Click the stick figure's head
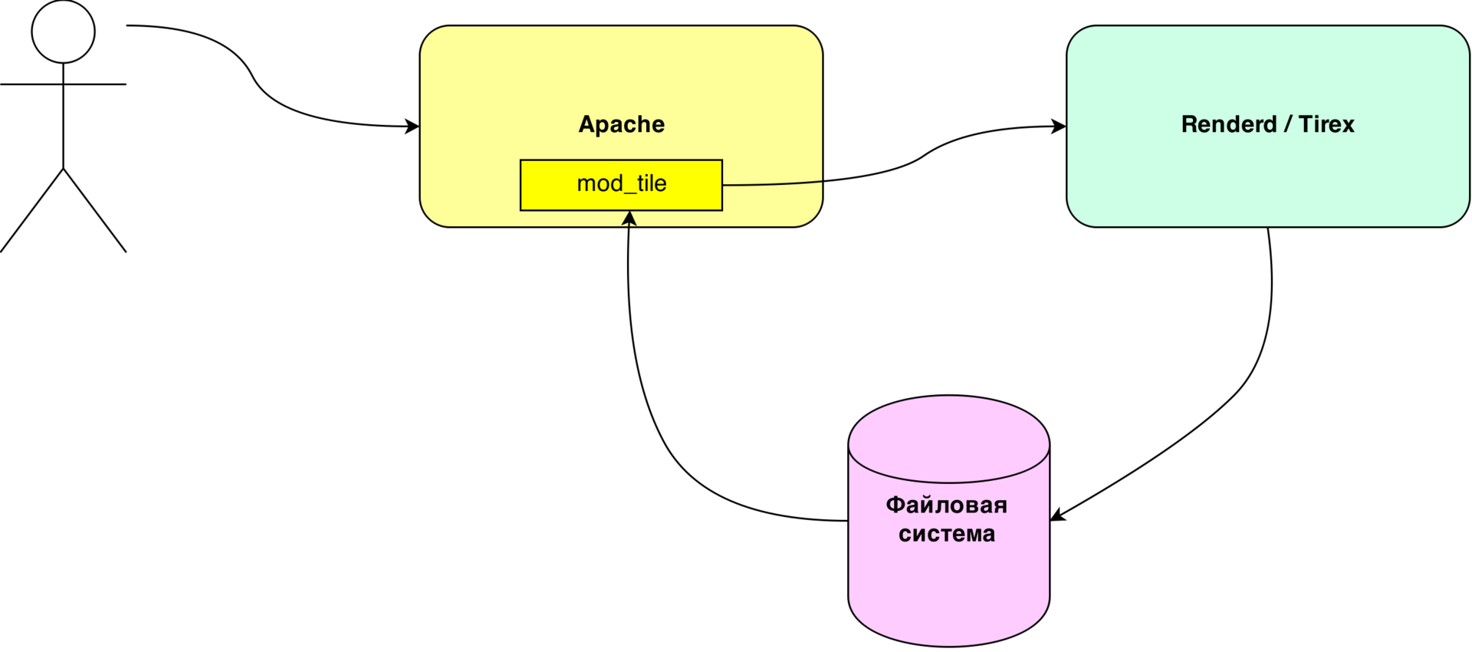click(x=63, y=31)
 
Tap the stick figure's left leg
click(x=31, y=210)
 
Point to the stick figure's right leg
click(x=95, y=210)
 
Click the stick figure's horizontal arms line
click(x=63, y=84)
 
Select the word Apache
click(x=622, y=125)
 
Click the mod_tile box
click(x=621, y=185)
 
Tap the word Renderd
click(x=1229, y=124)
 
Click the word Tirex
click(x=1326, y=124)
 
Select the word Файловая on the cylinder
click(x=947, y=505)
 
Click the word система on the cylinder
click(x=947, y=534)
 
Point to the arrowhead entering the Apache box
click(x=412, y=127)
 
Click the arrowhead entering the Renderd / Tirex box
click(x=1059, y=127)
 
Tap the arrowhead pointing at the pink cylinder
click(x=1057, y=515)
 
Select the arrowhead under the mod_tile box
click(x=629, y=219)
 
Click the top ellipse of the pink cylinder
click(x=948, y=439)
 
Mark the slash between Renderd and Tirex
click(x=1288, y=124)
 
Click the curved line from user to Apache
click(x=253, y=76)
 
